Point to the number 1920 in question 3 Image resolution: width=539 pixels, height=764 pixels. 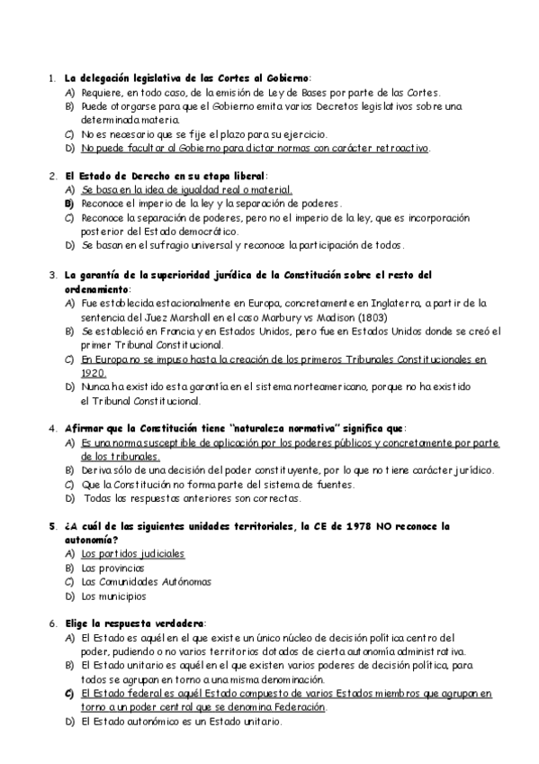[x=94, y=373]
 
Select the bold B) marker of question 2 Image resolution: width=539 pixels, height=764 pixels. [x=68, y=205]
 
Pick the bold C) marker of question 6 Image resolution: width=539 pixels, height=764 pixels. [x=68, y=694]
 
